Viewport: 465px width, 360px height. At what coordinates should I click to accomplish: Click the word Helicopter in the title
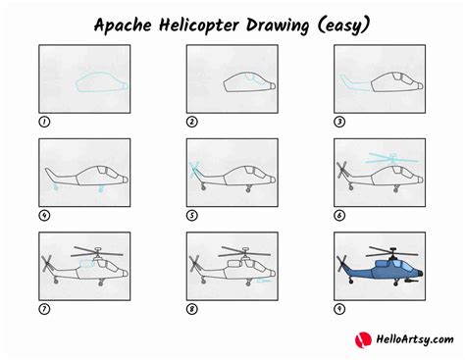[212, 22]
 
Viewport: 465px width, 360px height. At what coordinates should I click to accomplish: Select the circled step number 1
[44, 122]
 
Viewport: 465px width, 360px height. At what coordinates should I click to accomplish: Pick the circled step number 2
[192, 122]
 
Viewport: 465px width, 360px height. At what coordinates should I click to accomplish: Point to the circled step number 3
[340, 122]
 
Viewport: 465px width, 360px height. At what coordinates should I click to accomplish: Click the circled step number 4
[44, 215]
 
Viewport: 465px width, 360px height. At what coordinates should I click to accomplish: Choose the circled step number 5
[192, 215]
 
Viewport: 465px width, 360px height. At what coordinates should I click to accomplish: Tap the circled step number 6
[340, 215]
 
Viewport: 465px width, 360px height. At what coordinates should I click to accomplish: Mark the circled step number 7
[44, 308]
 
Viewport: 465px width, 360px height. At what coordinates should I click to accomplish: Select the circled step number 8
[192, 308]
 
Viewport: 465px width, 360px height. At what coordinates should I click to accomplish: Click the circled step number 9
[340, 308]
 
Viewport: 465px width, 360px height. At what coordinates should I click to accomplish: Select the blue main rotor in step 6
[390, 157]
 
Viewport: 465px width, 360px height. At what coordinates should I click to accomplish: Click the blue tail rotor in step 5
[195, 169]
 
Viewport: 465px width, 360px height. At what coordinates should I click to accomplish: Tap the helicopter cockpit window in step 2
[252, 78]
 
